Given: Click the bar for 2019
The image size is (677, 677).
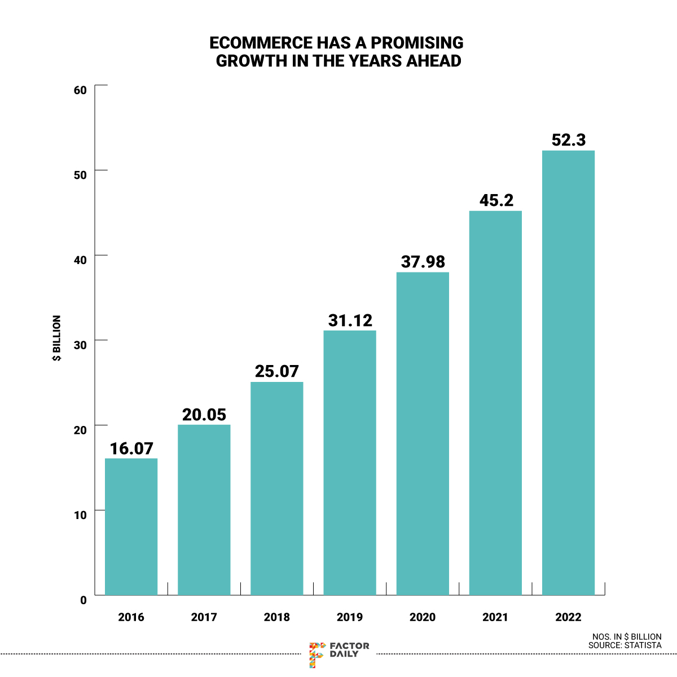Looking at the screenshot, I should pyautogui.click(x=349, y=463).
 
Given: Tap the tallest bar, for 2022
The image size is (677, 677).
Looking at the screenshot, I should pyautogui.click(x=568, y=372).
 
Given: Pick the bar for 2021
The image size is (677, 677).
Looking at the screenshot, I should pyautogui.click(x=495, y=403).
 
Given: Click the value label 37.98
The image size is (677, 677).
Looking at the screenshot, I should pyautogui.click(x=423, y=262).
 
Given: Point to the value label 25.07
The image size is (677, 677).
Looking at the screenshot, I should pyautogui.click(x=276, y=371).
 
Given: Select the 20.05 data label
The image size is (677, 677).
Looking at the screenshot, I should pyautogui.click(x=204, y=415).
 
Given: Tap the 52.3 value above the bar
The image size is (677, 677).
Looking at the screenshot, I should pyautogui.click(x=569, y=140).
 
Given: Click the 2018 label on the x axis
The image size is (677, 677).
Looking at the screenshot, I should pyautogui.click(x=276, y=617).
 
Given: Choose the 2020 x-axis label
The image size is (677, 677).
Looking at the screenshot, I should pyautogui.click(x=423, y=617).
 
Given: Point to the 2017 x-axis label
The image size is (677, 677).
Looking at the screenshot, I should pyautogui.click(x=204, y=617).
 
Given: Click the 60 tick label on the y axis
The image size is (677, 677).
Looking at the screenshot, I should pyautogui.click(x=80, y=90).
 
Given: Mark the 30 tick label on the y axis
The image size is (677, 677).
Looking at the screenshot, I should pyautogui.click(x=80, y=345).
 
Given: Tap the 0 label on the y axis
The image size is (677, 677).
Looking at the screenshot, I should pyautogui.click(x=83, y=600).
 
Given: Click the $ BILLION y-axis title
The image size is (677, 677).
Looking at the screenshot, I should pyautogui.click(x=57, y=338).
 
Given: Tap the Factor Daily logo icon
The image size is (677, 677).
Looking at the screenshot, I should pyautogui.click(x=317, y=654).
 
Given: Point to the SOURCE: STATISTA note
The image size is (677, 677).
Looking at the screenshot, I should pyautogui.click(x=625, y=645).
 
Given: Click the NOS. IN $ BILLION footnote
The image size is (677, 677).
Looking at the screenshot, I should pyautogui.click(x=627, y=636).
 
